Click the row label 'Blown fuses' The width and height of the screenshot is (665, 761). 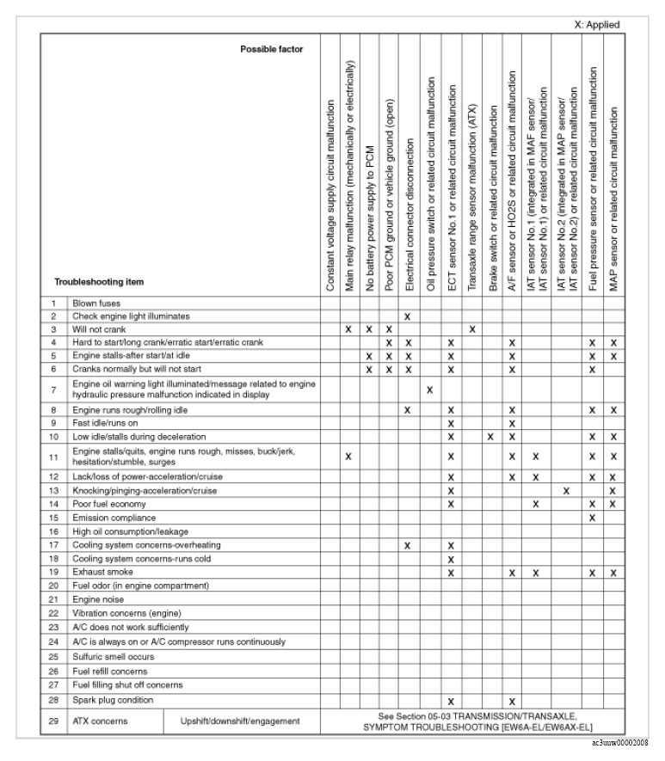tap(96, 303)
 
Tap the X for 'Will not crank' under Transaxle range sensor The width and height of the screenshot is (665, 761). tap(471, 329)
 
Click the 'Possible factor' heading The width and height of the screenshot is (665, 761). tap(271, 49)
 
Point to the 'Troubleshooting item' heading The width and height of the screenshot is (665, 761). tap(99, 281)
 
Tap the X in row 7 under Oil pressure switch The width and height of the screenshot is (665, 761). tap(429, 390)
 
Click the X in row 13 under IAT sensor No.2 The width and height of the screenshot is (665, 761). tap(566, 490)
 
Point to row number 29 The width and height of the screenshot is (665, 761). tap(53, 721)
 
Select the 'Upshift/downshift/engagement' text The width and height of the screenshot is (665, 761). tap(240, 721)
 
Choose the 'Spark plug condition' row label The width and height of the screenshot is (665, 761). tap(113, 700)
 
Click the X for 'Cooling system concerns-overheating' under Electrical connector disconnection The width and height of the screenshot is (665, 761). tap(408, 545)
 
